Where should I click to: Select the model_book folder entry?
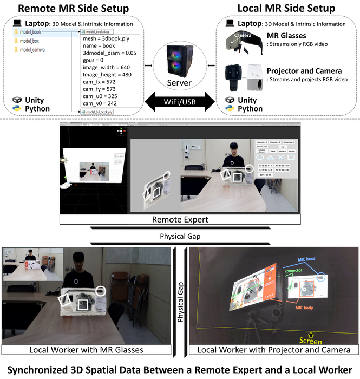(30, 32)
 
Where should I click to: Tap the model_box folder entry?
(29, 41)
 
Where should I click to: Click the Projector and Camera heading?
(304, 70)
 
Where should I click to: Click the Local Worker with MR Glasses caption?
(86, 350)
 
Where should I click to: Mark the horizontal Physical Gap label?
(179, 237)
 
